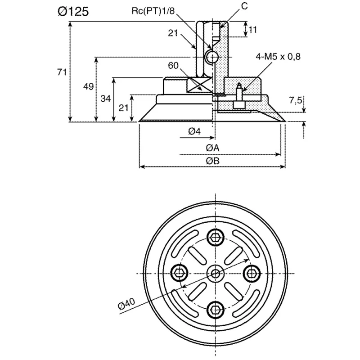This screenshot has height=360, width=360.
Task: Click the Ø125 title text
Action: pos(73,12)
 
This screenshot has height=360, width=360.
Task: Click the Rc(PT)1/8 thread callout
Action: pos(153,11)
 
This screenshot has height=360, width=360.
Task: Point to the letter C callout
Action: pos(244,6)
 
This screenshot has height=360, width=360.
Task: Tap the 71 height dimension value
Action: pos(62,72)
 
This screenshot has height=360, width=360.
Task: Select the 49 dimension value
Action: pos(88,86)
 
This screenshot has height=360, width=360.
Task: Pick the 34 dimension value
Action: pos(106,99)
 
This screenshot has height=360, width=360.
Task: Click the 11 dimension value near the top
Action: pos(253,30)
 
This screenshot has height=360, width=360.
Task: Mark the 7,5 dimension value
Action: pos(296,100)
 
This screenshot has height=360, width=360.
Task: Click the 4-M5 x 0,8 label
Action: pos(278,57)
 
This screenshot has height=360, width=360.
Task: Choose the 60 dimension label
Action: pos(173,66)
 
